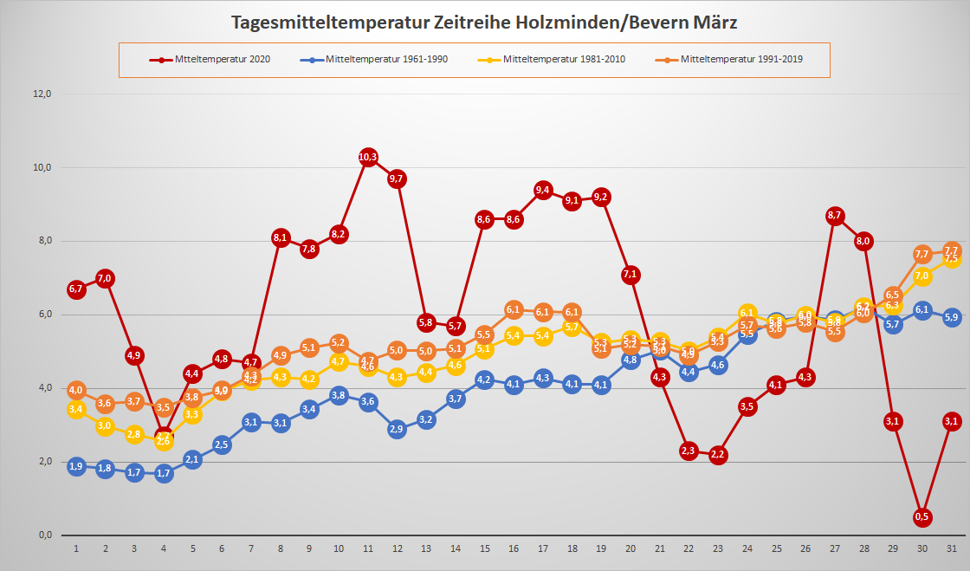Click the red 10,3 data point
(x=368, y=157)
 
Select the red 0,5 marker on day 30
(x=922, y=517)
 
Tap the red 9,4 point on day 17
(x=543, y=190)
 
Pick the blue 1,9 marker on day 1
(x=76, y=466)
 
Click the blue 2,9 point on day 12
(x=398, y=429)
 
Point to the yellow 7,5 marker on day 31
(x=951, y=258)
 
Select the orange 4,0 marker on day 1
(x=76, y=390)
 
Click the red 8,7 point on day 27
(x=835, y=215)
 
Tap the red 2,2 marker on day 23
(x=718, y=455)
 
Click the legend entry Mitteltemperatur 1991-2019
(x=740, y=60)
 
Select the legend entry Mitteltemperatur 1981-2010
(x=563, y=60)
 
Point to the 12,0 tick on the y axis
(x=42, y=94)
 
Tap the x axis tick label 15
(x=484, y=548)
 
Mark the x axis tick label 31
(x=951, y=548)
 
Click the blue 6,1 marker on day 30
(x=922, y=310)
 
